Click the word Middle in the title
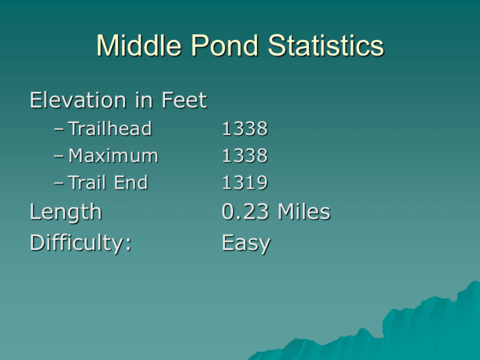139,45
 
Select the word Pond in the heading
224,45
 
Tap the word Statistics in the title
326,45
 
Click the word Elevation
78,100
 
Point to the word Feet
184,100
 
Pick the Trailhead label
110,128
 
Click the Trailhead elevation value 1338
244,129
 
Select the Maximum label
113,156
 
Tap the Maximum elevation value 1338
244,156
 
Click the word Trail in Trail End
87,182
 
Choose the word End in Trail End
131,182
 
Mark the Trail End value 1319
244,182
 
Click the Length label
66,212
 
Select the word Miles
304,211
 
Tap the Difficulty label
81,244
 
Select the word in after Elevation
144,100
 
